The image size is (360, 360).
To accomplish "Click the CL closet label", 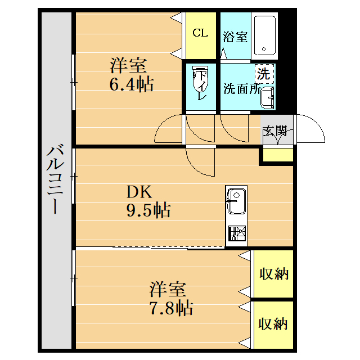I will coord(200,33).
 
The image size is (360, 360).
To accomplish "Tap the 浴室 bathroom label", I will coord(235,37).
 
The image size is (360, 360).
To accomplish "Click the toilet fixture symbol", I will coord(200,83).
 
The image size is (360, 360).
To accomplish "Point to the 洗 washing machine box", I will coord(263,74).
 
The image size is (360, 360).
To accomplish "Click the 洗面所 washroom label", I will coord(241,88).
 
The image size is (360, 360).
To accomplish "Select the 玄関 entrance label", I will coord(275,131).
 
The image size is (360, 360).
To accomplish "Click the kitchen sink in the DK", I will coord(236,200).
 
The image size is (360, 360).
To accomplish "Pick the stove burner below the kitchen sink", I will coord(236,233).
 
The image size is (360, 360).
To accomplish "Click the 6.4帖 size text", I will coord(131,85).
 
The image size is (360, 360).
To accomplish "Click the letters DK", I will coord(138,192).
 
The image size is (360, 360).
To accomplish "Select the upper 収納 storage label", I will coord(273,274).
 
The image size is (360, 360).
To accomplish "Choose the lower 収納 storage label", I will coord(273,324).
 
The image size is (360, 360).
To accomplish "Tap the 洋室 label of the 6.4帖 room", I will coord(128,66).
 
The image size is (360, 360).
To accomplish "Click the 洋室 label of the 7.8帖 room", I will coord(168,290).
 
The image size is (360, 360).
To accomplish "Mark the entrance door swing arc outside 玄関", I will coord(312,130).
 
